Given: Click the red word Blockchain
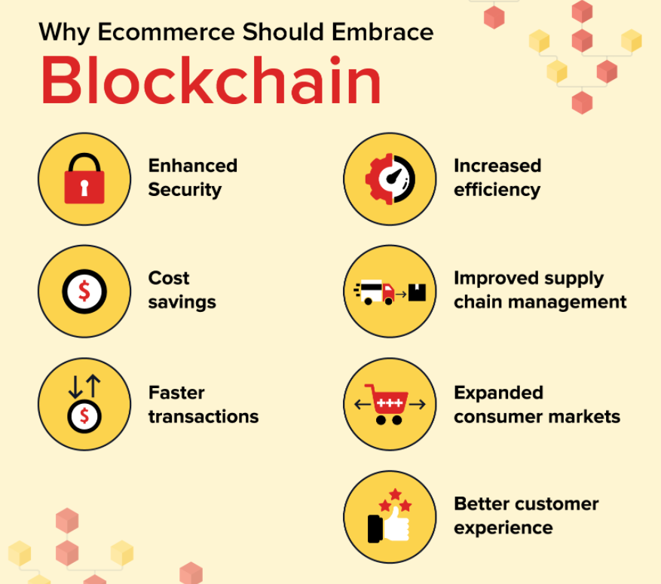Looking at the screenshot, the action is (211, 80).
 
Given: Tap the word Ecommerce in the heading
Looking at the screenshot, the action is (166, 32).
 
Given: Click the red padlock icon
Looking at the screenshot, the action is (84, 179).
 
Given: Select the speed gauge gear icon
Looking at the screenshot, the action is (390, 179).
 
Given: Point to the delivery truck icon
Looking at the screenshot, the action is (375, 292).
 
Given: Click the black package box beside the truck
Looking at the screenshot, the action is (417, 292).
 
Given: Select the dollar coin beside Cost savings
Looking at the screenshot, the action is (84, 291).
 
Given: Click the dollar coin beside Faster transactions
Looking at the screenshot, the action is (84, 416).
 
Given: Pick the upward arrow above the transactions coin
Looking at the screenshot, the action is (93, 386).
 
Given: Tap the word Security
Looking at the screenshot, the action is (185, 190).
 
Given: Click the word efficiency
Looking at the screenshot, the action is (497, 190).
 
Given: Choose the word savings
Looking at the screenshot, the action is (182, 302).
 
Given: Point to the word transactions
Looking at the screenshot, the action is (204, 417).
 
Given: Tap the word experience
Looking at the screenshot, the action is (503, 528).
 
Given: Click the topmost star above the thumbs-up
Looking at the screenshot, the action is (395, 494).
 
